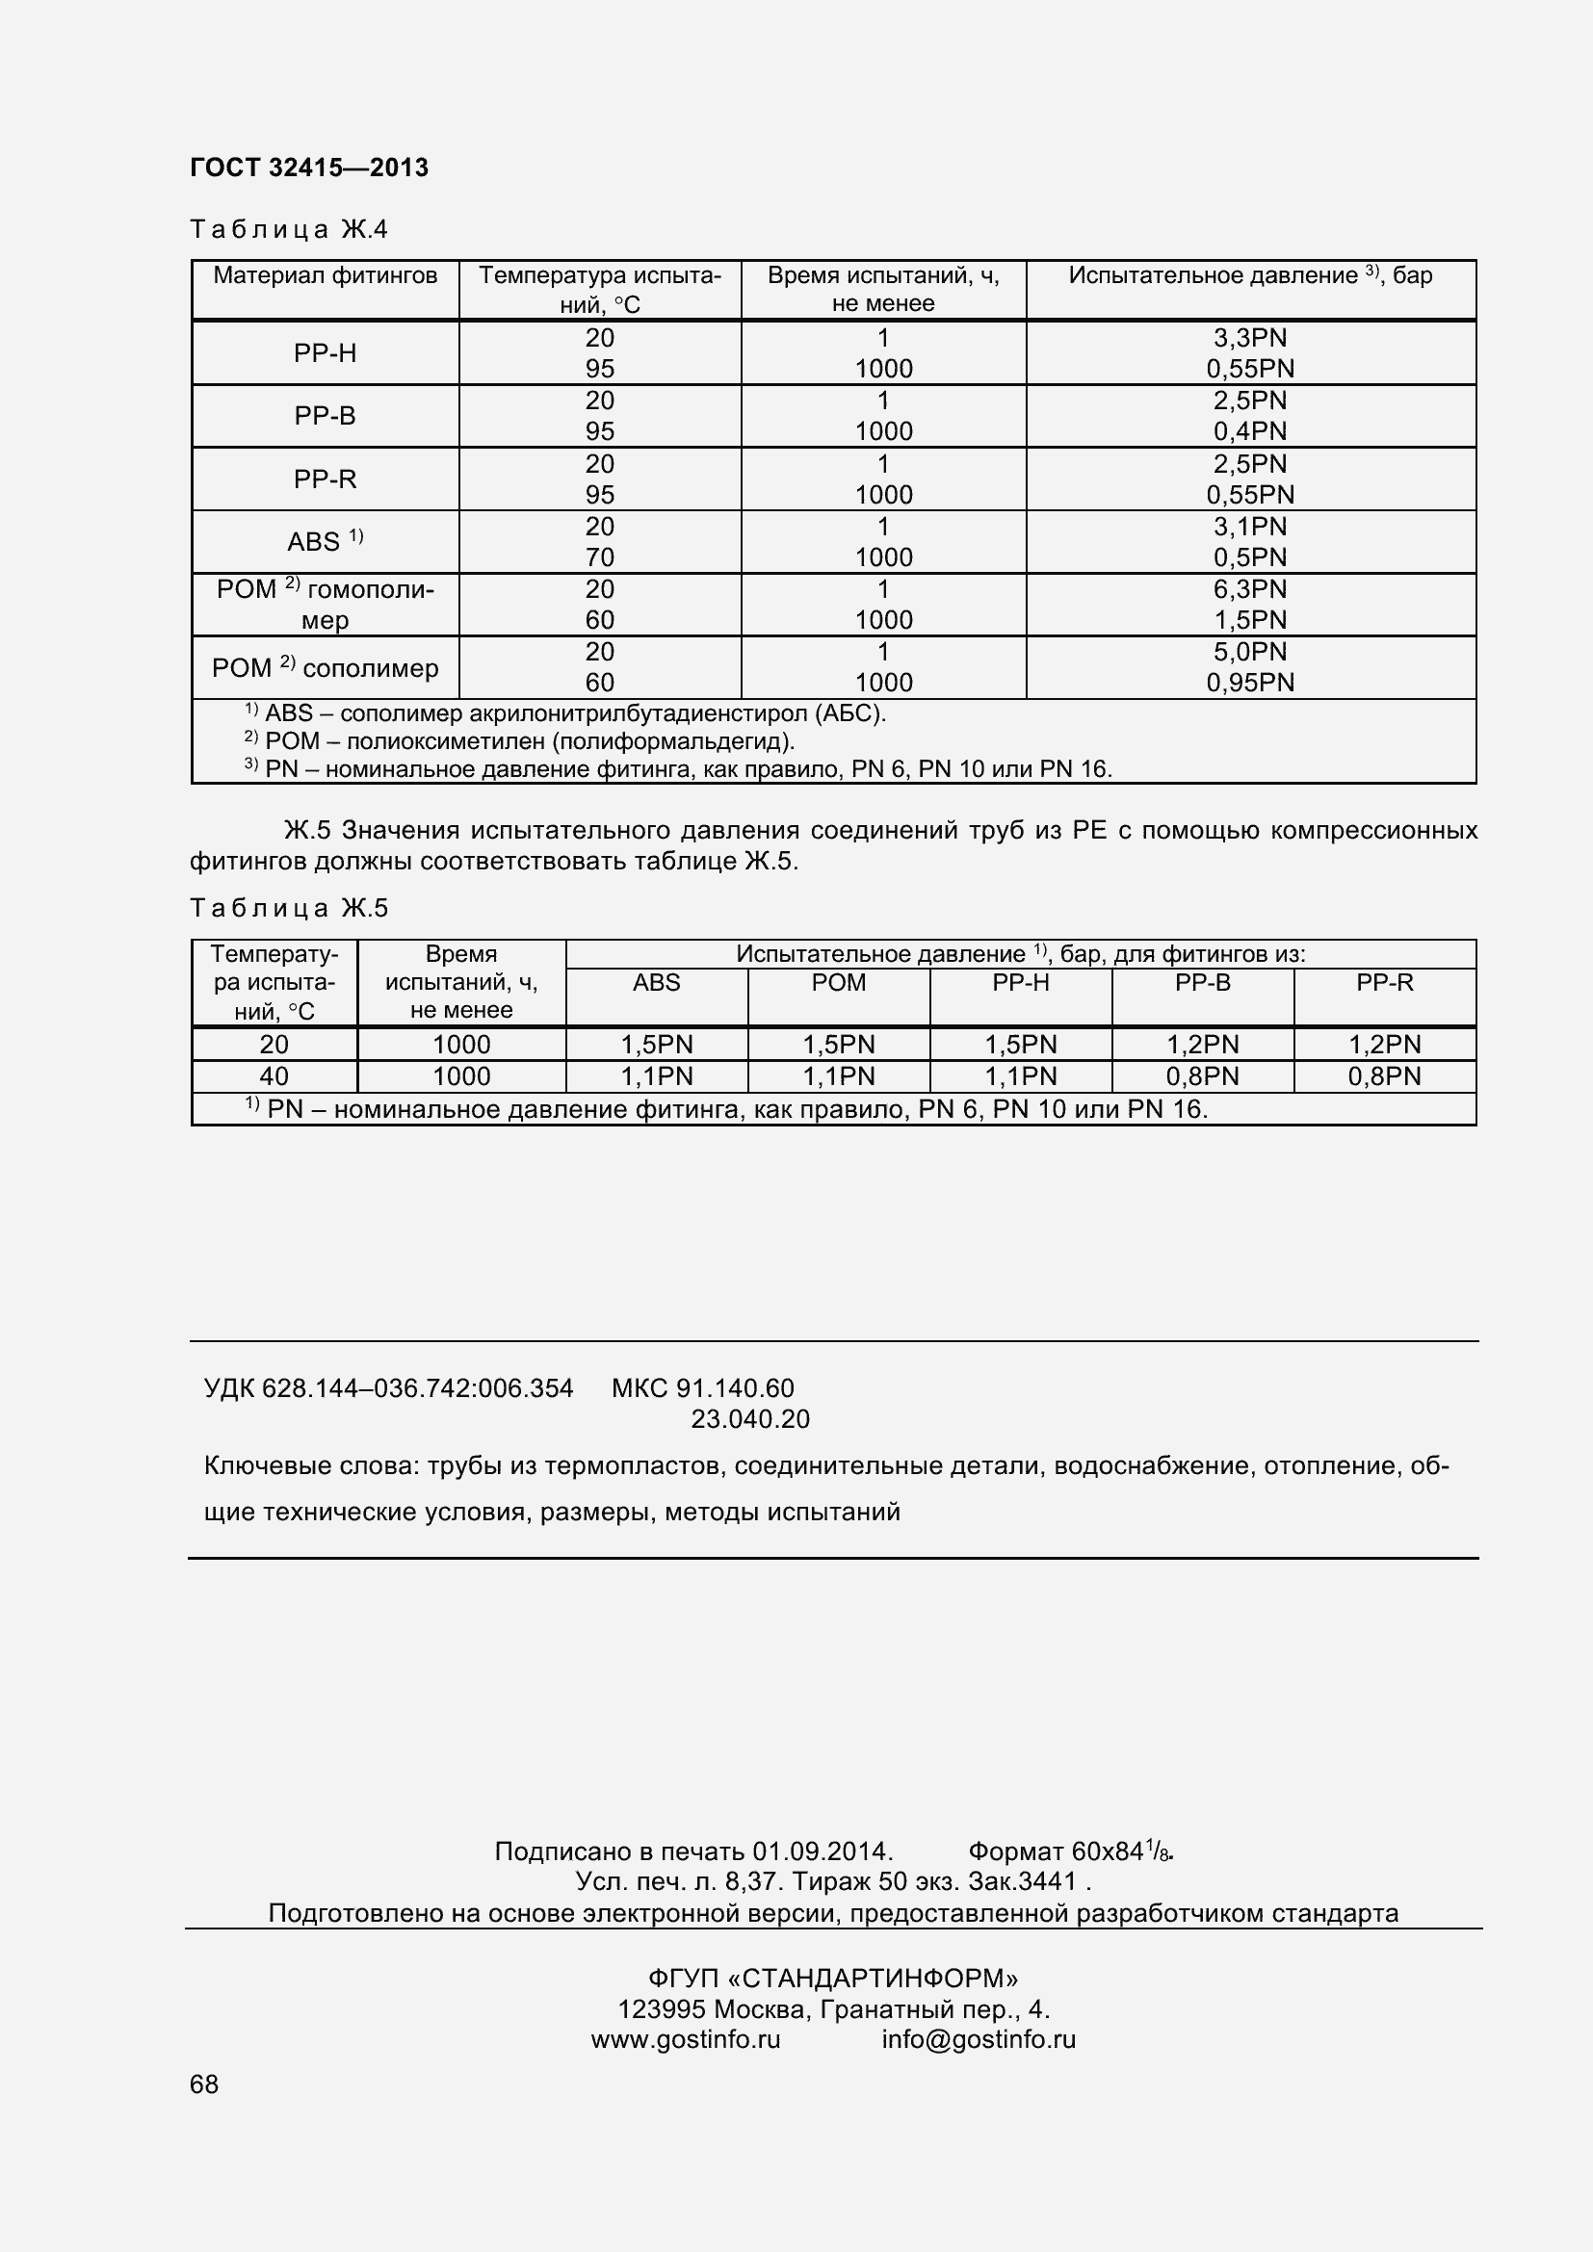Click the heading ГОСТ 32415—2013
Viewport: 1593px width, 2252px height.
pos(309,168)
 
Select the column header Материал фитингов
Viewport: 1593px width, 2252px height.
pos(325,275)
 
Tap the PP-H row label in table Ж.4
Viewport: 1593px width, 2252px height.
pos(325,353)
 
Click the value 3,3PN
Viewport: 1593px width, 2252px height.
pos(1250,338)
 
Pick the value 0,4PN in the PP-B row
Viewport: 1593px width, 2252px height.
pos(1250,431)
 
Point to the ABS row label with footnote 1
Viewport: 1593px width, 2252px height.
pos(325,541)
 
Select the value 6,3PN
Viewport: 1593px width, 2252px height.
pos(1250,589)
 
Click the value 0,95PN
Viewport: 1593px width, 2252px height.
pos(1250,683)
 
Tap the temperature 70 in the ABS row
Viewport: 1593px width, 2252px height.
pos(599,557)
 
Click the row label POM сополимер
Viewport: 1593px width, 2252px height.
pos(325,668)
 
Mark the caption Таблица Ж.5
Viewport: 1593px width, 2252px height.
pos(289,908)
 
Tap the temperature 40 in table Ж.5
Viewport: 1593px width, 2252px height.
pos(274,1077)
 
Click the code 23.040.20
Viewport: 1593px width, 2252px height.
pos(750,1419)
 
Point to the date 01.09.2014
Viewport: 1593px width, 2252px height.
pos(821,1851)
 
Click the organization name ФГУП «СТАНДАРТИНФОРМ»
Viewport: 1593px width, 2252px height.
pos(833,1979)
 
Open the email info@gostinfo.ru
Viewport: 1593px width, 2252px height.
pos(978,2040)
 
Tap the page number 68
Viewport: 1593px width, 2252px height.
pos(204,2111)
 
